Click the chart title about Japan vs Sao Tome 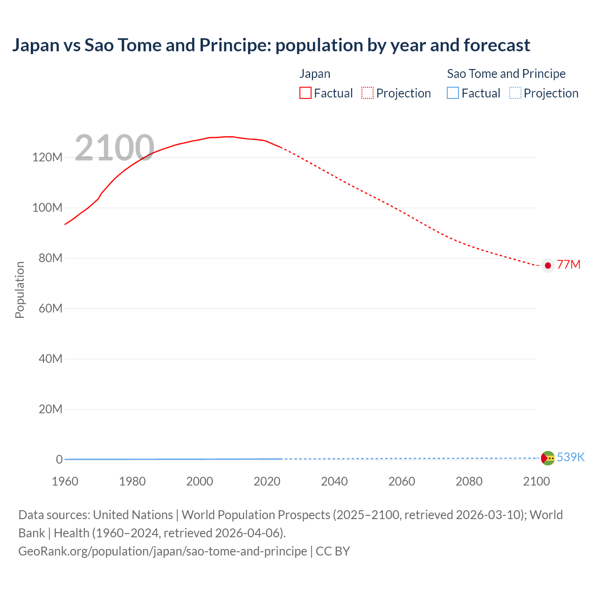[x=271, y=45]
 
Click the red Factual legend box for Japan [x=305, y=93]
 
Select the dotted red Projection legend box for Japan [x=368, y=93]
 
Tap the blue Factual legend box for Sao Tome [x=452, y=93]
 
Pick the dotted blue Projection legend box [x=515, y=93]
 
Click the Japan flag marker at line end [x=548, y=265]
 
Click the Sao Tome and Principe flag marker [x=548, y=458]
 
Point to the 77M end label [x=569, y=265]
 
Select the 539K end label [x=570, y=457]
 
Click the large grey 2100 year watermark [x=114, y=148]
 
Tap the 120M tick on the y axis [x=47, y=157]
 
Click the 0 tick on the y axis [x=59, y=459]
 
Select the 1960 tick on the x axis [x=65, y=481]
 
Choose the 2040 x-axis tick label [x=334, y=481]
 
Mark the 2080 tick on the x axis [x=469, y=481]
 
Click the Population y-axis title [x=20, y=290]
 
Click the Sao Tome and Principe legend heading [x=506, y=74]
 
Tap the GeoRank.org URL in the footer [x=162, y=551]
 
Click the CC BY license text [x=333, y=551]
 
